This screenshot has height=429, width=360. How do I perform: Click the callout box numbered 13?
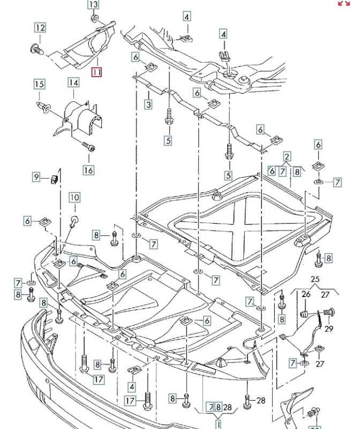coord(93,5)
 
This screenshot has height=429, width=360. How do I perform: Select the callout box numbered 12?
coord(40,27)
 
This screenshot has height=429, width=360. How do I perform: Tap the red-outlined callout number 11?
coord(96,72)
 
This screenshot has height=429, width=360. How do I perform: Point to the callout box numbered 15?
coord(39,84)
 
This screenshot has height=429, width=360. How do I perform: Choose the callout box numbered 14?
coord(73,83)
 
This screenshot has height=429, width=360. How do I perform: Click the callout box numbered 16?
coord(88,170)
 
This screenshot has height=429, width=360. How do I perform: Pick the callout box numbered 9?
coord(37,176)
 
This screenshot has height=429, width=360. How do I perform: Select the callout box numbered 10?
coord(74,198)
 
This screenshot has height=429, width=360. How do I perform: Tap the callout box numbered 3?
coord(148,105)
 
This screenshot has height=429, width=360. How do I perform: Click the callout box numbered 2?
coord(287,157)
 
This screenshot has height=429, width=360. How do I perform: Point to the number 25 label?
coord(314,280)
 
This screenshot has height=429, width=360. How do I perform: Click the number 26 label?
coord(306,294)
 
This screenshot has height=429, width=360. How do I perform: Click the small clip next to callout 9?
coord(55,177)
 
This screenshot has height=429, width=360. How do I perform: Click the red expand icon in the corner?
coord(343,3)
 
